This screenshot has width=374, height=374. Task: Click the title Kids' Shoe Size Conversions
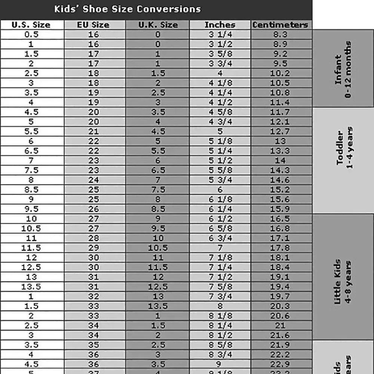[x=127, y=9]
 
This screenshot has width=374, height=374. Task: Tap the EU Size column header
[x=93, y=25]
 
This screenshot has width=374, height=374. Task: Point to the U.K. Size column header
[x=158, y=25]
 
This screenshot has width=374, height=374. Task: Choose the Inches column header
[x=220, y=25]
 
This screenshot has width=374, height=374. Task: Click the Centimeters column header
[x=280, y=25]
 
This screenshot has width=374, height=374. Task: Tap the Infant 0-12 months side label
[x=343, y=69]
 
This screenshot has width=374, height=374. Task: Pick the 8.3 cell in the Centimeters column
[x=280, y=34]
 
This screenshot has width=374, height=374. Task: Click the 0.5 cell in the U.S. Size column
[x=31, y=34]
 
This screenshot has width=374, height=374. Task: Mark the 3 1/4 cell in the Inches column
[x=220, y=34]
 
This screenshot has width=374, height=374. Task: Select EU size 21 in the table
[x=93, y=132]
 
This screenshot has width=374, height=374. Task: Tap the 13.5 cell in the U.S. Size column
[x=31, y=287]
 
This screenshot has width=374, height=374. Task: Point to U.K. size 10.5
[x=158, y=248]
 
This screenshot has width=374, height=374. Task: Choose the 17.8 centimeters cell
[x=280, y=248]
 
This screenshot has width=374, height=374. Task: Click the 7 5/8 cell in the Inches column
[x=220, y=287]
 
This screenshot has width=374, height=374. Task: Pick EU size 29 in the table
[x=93, y=248]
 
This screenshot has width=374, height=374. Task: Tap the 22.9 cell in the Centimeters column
[x=280, y=364]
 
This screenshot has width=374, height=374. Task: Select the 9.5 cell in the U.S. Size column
[x=31, y=209]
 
